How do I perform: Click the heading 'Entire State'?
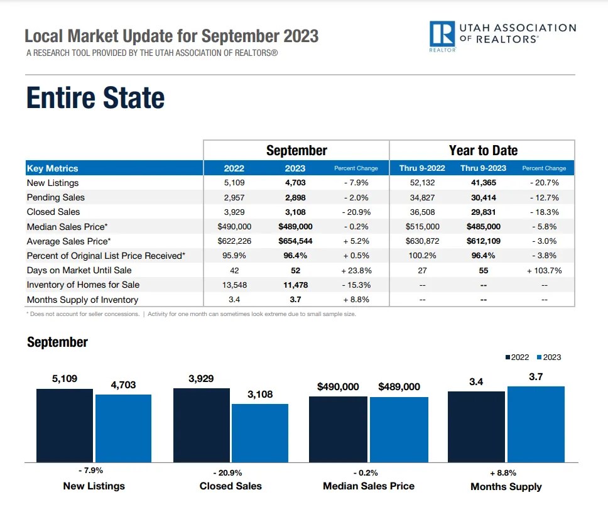click(95, 98)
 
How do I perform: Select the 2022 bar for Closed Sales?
click(201, 425)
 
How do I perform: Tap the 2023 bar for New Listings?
click(123, 428)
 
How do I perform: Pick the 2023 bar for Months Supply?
click(536, 424)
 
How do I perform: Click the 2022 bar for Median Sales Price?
click(338, 429)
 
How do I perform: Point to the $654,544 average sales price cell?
click(295, 241)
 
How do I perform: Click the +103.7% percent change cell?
click(544, 271)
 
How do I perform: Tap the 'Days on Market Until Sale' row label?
click(79, 271)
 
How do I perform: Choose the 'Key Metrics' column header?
click(53, 168)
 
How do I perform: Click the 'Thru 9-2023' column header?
click(483, 168)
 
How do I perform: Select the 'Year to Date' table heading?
click(483, 151)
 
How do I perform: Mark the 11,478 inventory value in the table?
click(295, 285)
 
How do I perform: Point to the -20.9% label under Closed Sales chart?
click(231, 472)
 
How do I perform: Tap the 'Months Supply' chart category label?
click(506, 486)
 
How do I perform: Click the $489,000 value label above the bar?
click(399, 387)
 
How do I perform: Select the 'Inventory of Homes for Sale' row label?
click(83, 285)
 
